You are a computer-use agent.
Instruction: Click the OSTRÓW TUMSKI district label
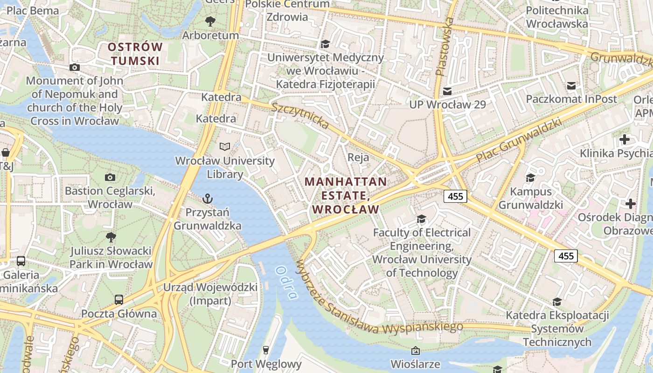click(x=135, y=54)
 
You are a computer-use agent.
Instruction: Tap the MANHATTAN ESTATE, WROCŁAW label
click(x=346, y=195)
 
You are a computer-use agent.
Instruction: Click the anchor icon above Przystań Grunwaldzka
click(x=208, y=199)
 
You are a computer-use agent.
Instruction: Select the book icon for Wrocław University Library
click(x=225, y=147)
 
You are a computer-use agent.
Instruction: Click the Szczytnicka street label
click(x=301, y=116)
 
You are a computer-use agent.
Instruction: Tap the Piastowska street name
click(x=444, y=47)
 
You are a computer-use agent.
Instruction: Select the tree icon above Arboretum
click(x=210, y=21)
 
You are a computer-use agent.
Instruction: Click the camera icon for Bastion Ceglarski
click(x=110, y=177)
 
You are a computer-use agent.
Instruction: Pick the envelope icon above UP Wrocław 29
click(x=447, y=91)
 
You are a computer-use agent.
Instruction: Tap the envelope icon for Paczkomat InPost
click(x=571, y=86)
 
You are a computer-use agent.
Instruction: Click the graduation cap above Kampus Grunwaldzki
click(x=530, y=178)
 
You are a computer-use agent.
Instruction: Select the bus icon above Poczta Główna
click(x=119, y=299)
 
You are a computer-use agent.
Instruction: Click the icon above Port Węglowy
click(x=266, y=350)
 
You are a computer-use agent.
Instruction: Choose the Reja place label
click(x=358, y=158)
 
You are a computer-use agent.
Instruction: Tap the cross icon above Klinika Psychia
click(x=624, y=139)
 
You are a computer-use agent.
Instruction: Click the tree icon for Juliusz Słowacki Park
click(x=111, y=237)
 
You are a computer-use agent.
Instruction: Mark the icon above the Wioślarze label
click(x=415, y=350)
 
